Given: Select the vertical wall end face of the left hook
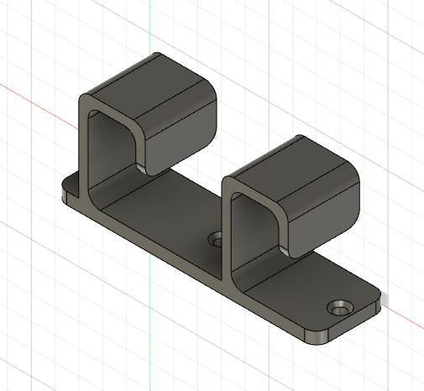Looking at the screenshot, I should pyautogui.click(x=83, y=147).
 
